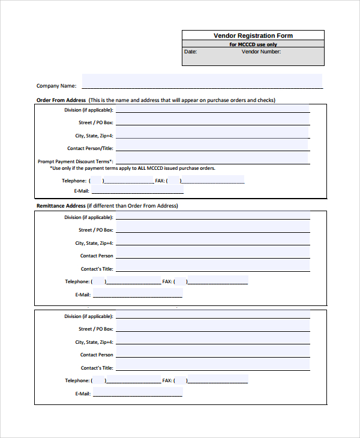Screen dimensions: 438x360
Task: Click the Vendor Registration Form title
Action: point(253,36)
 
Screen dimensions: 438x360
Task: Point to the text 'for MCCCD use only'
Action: point(253,44)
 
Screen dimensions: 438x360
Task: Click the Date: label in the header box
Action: point(190,52)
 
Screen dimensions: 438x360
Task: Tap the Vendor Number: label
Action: point(261,52)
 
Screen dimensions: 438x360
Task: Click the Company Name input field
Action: point(202,81)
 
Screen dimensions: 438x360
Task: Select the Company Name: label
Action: point(56,86)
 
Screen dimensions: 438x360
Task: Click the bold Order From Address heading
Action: point(61,100)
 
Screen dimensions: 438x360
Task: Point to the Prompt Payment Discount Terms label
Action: point(75,161)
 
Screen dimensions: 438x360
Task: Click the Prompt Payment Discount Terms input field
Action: point(212,158)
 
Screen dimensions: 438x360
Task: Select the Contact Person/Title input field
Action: point(212,146)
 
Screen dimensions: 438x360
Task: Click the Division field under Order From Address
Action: point(212,109)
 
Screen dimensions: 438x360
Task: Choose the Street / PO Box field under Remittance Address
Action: point(212,228)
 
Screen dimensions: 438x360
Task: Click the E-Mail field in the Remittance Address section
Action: point(137,293)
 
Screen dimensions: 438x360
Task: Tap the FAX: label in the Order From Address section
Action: point(160,181)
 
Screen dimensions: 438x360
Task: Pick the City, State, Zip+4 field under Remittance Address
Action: point(212,241)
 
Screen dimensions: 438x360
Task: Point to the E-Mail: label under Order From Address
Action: point(82,191)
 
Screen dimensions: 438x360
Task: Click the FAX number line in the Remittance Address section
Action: point(217,281)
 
